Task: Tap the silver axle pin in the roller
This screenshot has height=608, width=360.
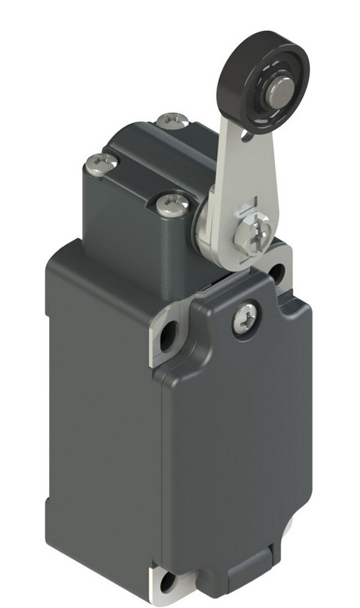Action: click(x=279, y=91)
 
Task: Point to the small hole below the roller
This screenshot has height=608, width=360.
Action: click(x=246, y=138)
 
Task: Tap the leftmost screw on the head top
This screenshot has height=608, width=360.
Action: click(x=100, y=162)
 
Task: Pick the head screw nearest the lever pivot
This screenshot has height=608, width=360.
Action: click(x=172, y=205)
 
